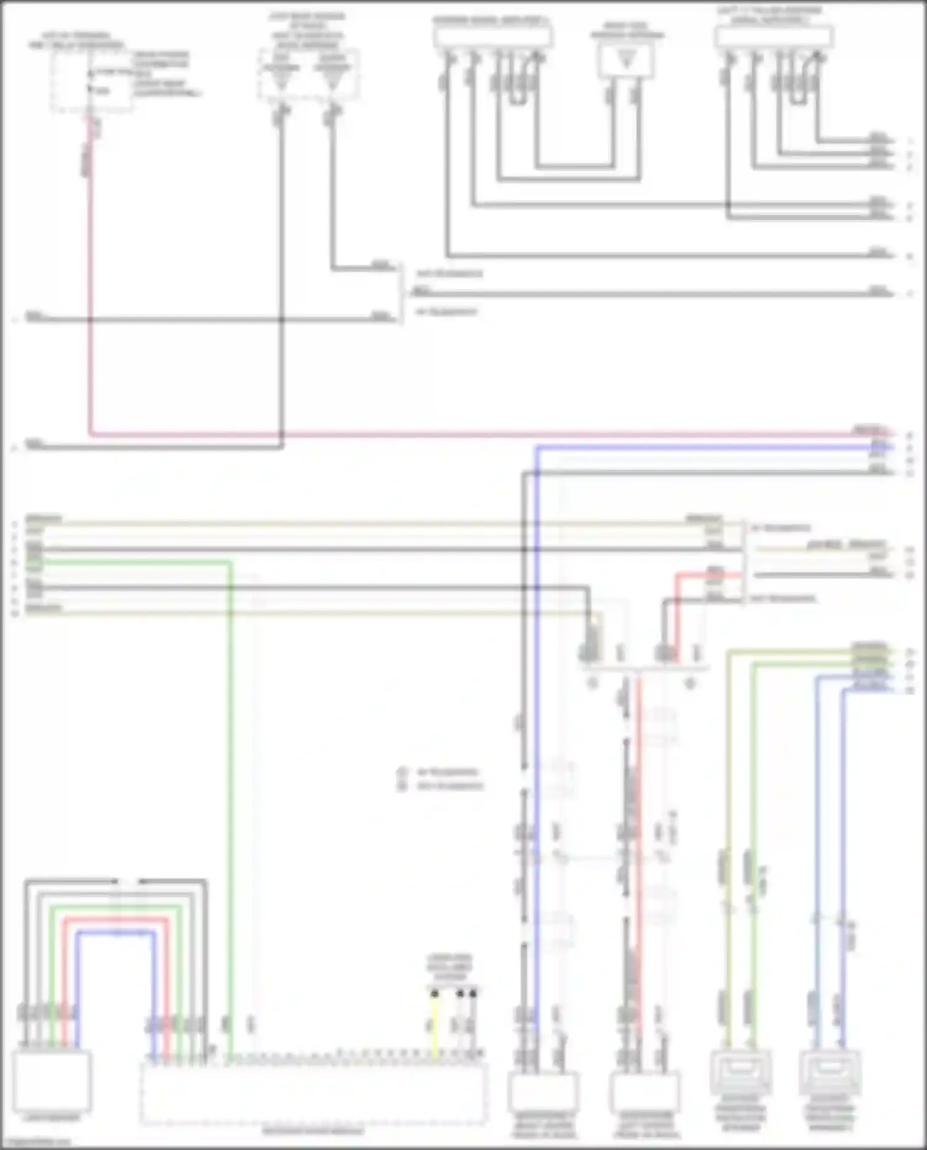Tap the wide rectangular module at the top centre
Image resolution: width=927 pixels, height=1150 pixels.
click(x=493, y=37)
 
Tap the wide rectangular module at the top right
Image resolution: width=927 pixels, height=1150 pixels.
click(x=774, y=37)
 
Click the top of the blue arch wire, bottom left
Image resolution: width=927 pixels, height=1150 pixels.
click(x=116, y=932)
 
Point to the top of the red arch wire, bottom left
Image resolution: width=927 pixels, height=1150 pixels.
click(x=116, y=920)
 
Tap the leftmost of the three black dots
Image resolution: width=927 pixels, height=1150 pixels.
click(x=435, y=994)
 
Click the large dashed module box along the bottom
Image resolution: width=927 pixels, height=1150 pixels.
click(x=313, y=1094)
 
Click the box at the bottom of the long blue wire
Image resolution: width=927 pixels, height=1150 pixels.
click(x=543, y=1092)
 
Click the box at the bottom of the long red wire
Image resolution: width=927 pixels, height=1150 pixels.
click(x=644, y=1092)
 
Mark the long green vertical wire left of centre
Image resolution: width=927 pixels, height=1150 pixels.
click(x=231, y=803)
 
